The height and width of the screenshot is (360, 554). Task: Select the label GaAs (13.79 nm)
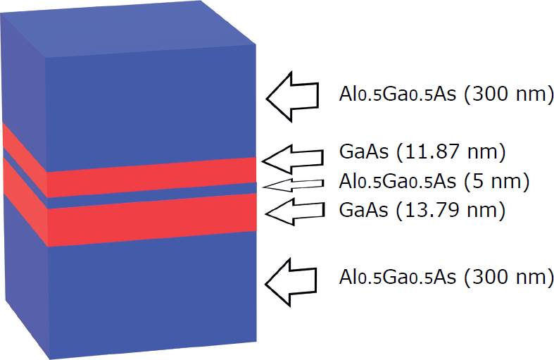tap(422, 210)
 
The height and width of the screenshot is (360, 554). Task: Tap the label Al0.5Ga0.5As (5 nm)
tap(434, 182)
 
